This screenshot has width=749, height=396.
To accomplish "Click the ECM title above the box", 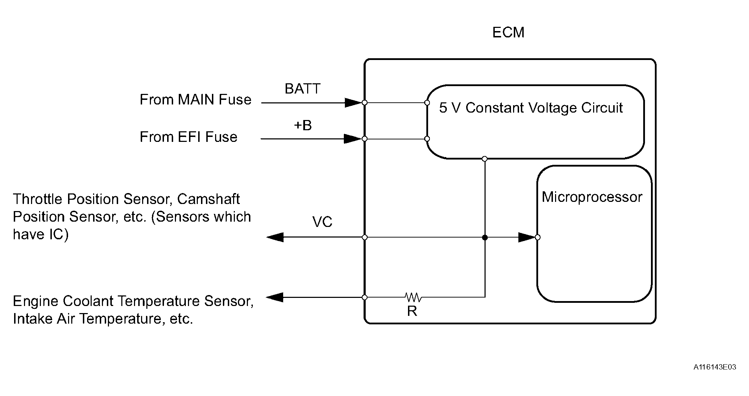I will click(x=508, y=32).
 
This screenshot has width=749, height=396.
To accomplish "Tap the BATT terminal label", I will click(x=302, y=89).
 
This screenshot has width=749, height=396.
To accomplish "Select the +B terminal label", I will click(x=303, y=125).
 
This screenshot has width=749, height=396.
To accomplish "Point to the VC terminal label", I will click(x=322, y=222).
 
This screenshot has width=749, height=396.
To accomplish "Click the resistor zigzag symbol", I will click(x=413, y=297).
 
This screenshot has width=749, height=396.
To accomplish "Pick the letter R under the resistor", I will click(x=412, y=311).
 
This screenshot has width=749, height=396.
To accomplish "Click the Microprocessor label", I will click(x=592, y=197).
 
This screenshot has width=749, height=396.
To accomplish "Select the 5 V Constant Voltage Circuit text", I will click(x=531, y=108).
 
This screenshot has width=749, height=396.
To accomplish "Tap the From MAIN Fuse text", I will click(x=195, y=100).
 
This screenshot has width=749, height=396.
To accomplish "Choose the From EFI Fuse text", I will click(x=188, y=137).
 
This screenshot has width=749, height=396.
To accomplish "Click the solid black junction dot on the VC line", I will click(x=485, y=238).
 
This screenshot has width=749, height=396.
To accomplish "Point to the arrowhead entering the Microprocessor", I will click(x=526, y=237).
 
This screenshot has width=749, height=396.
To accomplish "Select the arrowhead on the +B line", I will click(x=353, y=139).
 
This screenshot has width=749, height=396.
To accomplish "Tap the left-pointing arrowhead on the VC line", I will click(x=275, y=237).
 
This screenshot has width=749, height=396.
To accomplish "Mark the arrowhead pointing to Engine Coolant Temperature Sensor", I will click(x=275, y=298).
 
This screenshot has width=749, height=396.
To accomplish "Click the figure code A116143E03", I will click(x=714, y=367).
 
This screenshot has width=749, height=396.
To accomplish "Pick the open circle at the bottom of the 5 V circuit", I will click(x=485, y=159).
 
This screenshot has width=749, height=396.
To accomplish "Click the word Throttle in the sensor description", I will click(x=37, y=199).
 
